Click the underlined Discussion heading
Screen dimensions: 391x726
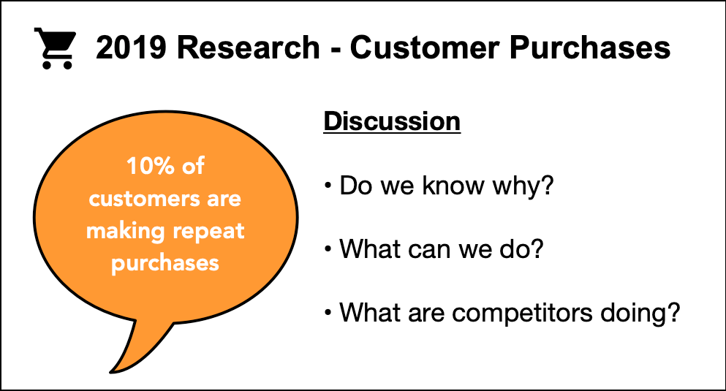[392, 121]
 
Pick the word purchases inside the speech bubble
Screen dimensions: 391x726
[165, 263]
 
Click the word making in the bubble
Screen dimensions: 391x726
[120, 231]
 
